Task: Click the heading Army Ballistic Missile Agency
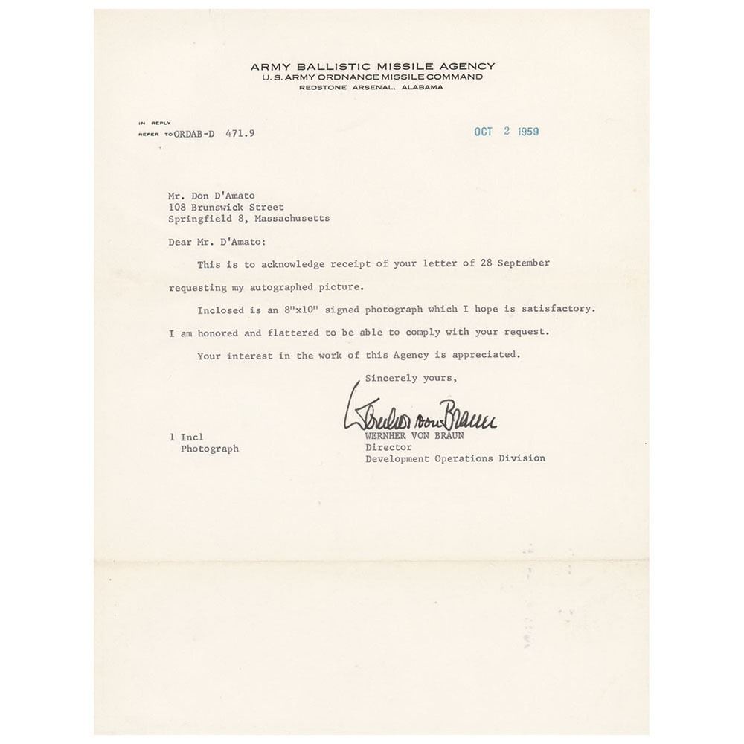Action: [372, 66]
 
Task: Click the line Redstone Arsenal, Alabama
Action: [371, 87]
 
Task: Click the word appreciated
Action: [487, 355]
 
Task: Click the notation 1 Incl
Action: [186, 437]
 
